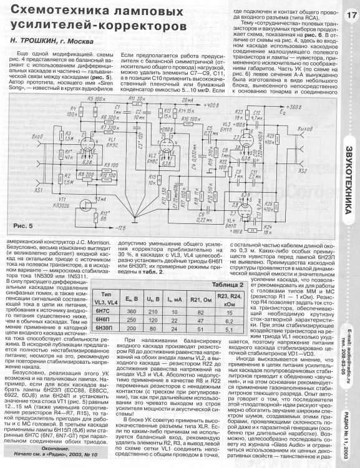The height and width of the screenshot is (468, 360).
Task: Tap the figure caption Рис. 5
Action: [x=22, y=223]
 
